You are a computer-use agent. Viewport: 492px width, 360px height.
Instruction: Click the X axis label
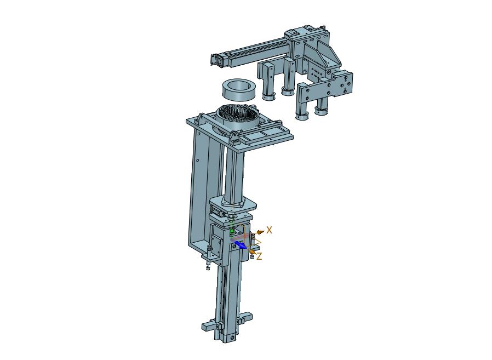[269, 230]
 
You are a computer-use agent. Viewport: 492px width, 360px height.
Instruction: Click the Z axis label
[259, 256]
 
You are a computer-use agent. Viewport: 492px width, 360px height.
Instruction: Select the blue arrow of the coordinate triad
[241, 245]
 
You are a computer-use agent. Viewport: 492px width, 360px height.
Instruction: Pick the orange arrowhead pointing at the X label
[260, 232]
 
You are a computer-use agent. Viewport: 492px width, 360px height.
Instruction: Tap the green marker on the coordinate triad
[232, 232]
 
